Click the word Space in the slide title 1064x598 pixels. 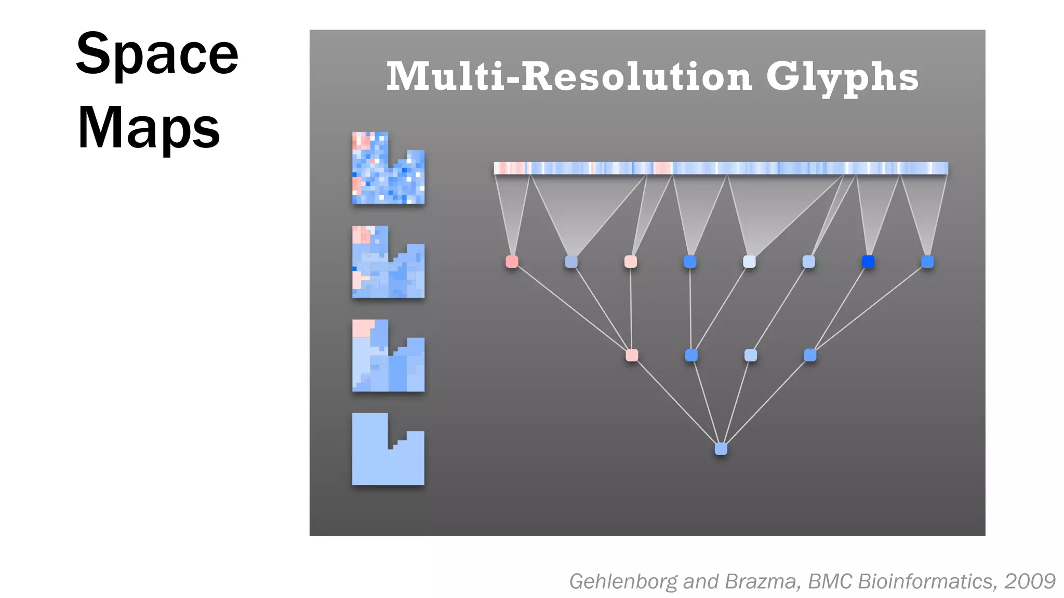click(157, 54)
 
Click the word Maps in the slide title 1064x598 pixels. click(149, 128)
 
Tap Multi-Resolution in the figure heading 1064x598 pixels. click(569, 77)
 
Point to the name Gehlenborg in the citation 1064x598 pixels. click(623, 581)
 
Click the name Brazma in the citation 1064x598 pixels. click(760, 581)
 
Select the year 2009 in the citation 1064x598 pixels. click(1030, 581)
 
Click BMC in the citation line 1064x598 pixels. click(830, 581)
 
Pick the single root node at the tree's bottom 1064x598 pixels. click(721, 448)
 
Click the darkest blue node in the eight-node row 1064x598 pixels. click(868, 262)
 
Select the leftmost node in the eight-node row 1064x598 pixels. click(512, 262)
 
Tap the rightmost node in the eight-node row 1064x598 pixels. click(927, 262)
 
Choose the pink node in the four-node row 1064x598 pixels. click(632, 355)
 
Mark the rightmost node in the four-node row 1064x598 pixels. click(810, 355)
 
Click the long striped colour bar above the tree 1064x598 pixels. click(721, 168)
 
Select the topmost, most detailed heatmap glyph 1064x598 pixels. click(388, 168)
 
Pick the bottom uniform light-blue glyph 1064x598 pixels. click(388, 457)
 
